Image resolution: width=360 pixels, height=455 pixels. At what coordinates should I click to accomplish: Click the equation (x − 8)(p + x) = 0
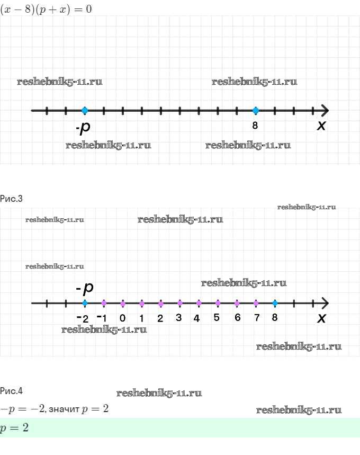point(46,9)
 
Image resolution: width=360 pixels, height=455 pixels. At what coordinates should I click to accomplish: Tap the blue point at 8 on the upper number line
point(256,110)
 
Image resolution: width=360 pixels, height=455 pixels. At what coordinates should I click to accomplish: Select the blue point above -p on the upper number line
point(85,110)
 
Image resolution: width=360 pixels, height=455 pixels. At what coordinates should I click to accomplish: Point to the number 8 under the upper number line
point(255,126)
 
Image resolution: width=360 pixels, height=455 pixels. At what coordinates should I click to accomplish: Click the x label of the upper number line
point(321,126)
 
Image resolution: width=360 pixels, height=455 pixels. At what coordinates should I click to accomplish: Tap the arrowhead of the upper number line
point(325,110)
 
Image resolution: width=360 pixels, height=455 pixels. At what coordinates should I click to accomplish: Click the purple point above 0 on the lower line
point(123,303)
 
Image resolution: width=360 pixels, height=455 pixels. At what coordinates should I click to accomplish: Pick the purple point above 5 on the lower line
point(218,303)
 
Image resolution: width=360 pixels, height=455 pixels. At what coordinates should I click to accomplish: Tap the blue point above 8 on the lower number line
point(274,303)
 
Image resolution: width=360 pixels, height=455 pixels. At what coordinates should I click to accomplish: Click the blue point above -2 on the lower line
point(85,303)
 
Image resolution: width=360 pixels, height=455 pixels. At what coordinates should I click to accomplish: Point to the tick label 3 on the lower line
point(179,318)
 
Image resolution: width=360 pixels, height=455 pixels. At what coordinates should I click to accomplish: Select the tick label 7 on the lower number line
point(257,318)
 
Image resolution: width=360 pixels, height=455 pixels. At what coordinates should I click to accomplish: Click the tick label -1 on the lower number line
point(103,318)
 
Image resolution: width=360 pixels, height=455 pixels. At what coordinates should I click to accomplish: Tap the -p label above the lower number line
point(85,288)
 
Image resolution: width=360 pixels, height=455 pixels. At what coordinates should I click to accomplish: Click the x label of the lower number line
point(321,318)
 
